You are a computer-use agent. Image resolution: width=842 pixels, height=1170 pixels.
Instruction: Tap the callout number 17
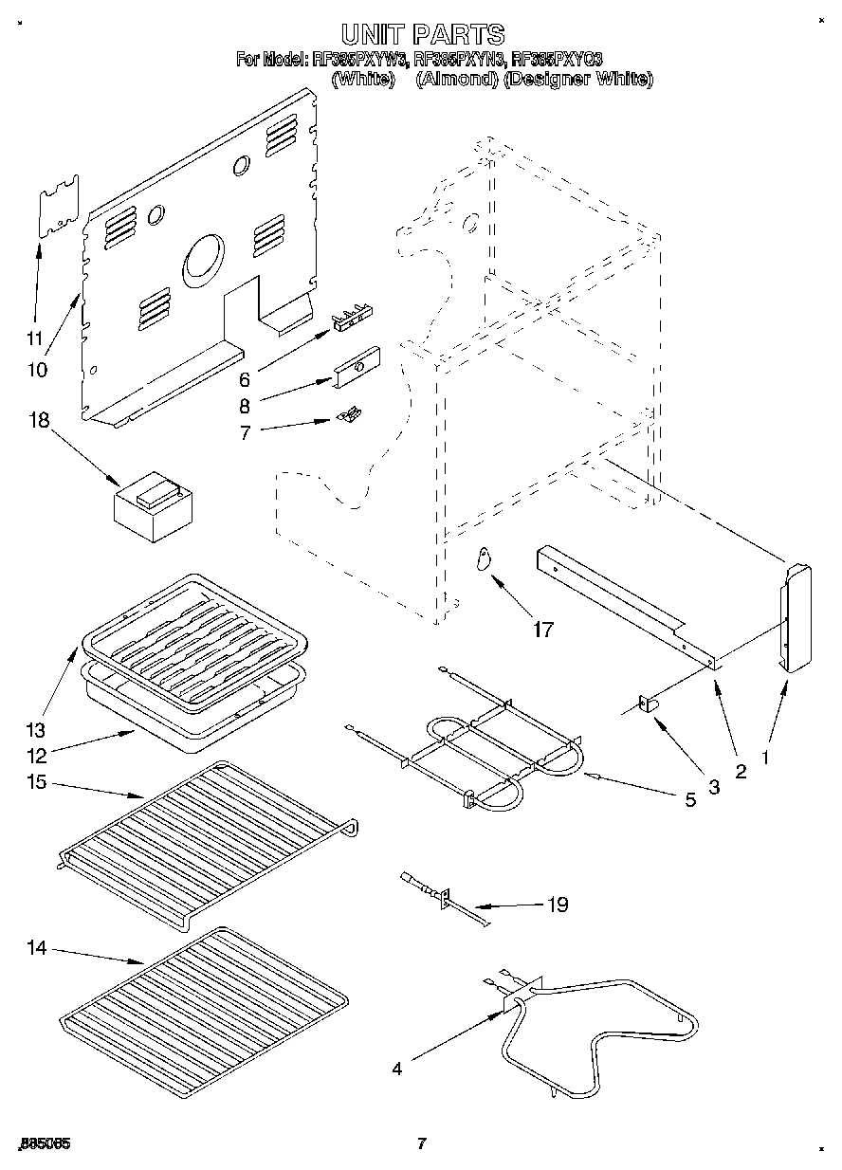(543, 628)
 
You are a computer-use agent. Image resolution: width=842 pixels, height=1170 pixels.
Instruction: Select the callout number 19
(558, 905)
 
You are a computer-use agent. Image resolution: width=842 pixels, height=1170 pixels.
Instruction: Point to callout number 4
(397, 1069)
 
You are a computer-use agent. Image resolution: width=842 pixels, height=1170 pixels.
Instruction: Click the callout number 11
(35, 338)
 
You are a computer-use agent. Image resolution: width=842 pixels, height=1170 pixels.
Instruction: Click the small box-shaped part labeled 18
(153, 504)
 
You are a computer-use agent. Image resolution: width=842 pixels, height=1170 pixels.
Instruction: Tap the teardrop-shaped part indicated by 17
(484, 560)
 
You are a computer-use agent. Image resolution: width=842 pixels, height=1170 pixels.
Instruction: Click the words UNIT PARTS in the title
(422, 35)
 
